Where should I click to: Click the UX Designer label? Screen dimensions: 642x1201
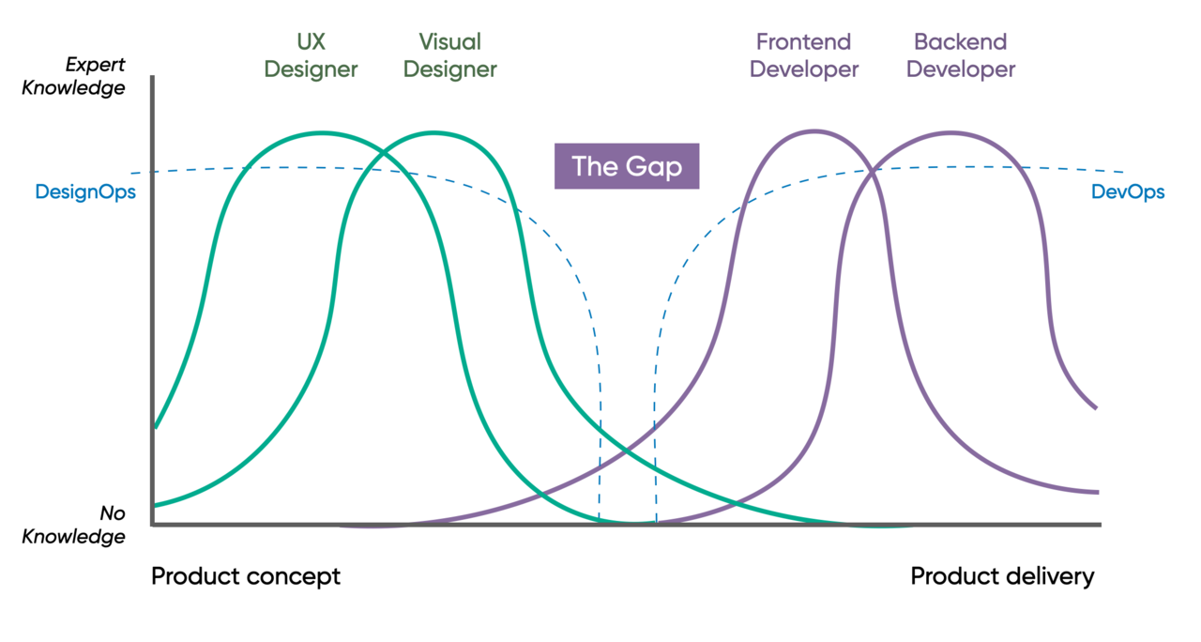pyautogui.click(x=311, y=55)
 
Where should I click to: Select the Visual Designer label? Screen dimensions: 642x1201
pyautogui.click(x=449, y=55)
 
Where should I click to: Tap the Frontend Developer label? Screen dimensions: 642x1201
pyautogui.click(x=804, y=55)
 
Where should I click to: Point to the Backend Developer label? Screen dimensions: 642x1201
pyautogui.click(x=960, y=55)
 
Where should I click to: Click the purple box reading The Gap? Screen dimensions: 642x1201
pyautogui.click(x=627, y=166)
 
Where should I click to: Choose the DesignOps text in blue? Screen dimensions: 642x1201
pyautogui.click(x=85, y=192)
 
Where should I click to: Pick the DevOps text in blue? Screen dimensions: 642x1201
pyautogui.click(x=1127, y=192)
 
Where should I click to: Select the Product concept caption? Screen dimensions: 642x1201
pyautogui.click(x=246, y=576)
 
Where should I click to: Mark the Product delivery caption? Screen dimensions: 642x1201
pyautogui.click(x=1002, y=576)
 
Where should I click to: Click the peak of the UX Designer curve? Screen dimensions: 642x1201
pyautogui.click(x=322, y=132)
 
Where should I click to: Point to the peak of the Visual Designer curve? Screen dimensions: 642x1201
pyautogui.click(x=433, y=132)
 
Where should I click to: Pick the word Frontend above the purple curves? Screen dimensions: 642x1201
pyautogui.click(x=804, y=42)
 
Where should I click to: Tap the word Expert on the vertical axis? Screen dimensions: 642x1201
pyautogui.click(x=94, y=65)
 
